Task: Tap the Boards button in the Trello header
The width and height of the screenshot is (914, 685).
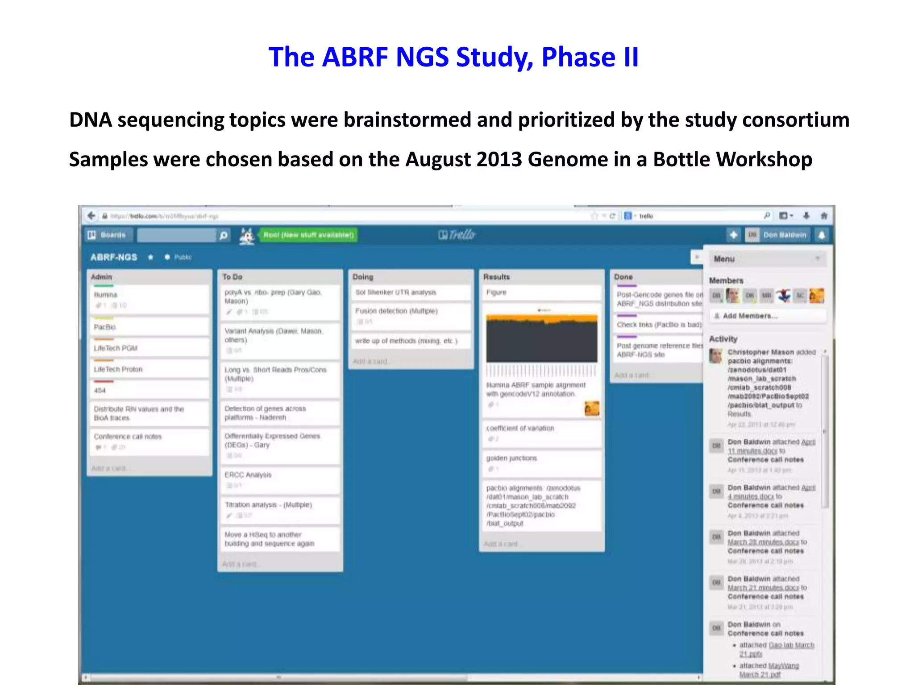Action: tap(107, 235)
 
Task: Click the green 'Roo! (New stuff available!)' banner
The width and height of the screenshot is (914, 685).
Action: tap(308, 235)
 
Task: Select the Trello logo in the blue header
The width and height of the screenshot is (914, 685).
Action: tap(457, 235)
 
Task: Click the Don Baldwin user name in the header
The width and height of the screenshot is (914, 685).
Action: tap(785, 235)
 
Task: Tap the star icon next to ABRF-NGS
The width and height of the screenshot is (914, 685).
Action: tap(151, 257)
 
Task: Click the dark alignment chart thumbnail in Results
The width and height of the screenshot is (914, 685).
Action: tap(541, 339)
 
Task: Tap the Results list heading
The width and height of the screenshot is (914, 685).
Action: tap(496, 277)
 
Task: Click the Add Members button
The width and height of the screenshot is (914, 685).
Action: tap(750, 316)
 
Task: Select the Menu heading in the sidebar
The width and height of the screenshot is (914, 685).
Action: tap(724, 259)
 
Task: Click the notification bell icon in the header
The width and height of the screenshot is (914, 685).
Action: tap(822, 235)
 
